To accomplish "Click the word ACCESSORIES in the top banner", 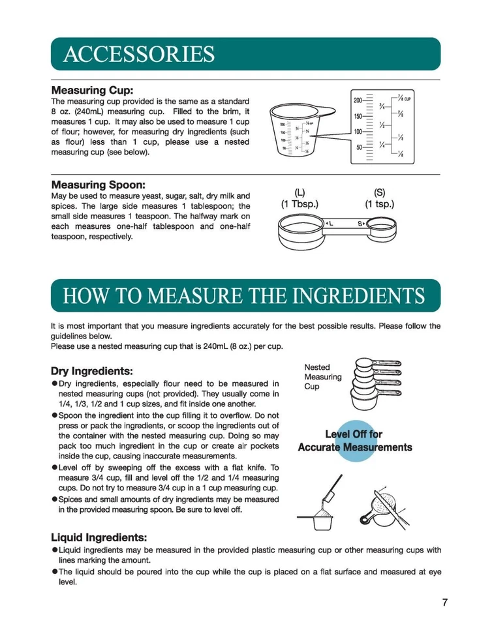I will tap(139, 54).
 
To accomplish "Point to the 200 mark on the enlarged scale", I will tap(358, 100).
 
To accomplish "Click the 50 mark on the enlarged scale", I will tap(359, 147).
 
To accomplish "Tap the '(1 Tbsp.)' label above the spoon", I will tap(300, 204).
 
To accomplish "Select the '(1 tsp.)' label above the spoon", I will tap(379, 204).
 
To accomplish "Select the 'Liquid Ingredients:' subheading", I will tap(99, 537).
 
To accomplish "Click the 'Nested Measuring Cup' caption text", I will tap(322, 377).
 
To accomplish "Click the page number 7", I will tap(444, 602).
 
